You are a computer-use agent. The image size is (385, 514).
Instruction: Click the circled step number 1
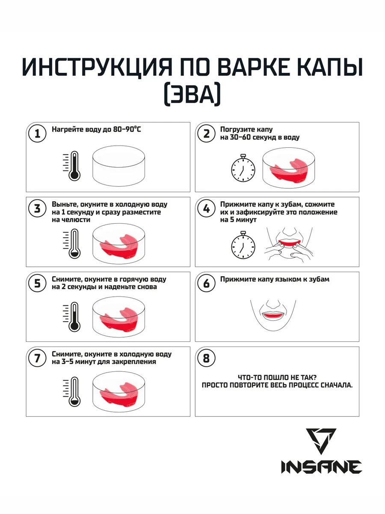[37, 134]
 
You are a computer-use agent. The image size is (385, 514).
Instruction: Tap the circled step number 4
[206, 209]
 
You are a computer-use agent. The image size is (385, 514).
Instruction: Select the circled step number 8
[206, 358]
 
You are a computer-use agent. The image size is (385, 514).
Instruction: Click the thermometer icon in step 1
[72, 166]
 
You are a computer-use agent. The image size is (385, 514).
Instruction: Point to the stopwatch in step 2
[243, 167]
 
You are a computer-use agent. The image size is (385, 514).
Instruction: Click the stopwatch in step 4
[243, 245]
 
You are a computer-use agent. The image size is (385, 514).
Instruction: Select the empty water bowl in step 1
[118, 166]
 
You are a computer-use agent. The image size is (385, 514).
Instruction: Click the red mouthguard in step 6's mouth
[273, 315]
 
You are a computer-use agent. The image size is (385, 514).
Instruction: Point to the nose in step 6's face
[273, 304]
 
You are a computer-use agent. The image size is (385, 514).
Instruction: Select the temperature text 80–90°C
[127, 129]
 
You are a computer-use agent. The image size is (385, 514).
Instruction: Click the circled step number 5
[37, 284]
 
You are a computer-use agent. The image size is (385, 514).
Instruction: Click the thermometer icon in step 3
[72, 244]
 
